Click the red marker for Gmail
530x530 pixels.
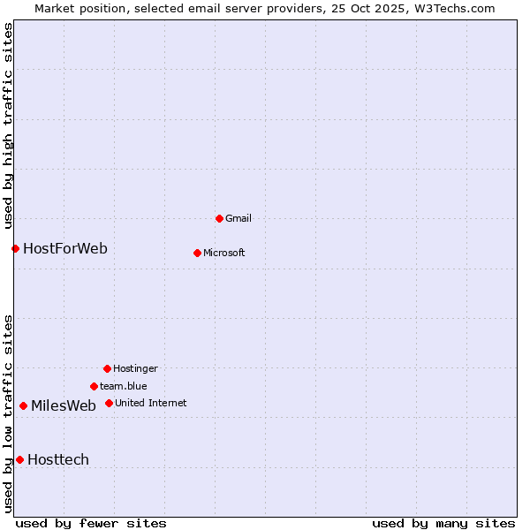click(x=219, y=218)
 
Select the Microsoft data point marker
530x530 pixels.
click(x=197, y=253)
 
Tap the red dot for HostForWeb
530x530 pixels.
click(x=15, y=248)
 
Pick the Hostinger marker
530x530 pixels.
click(x=107, y=368)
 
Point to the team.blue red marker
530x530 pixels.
click(x=94, y=386)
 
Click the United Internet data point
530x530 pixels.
click(x=109, y=403)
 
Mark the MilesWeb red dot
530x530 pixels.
click(x=23, y=405)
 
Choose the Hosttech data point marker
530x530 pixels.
click(x=19, y=459)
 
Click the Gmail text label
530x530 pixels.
click(x=238, y=218)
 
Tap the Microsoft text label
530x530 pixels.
click(x=224, y=253)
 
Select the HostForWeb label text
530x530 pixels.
click(x=65, y=248)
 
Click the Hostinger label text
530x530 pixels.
click(x=135, y=368)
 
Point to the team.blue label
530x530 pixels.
click(x=124, y=386)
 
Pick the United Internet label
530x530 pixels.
click(x=151, y=403)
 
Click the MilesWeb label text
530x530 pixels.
click(x=64, y=405)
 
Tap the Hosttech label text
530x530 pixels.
click(x=58, y=459)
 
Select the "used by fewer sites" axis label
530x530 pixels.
click(x=91, y=523)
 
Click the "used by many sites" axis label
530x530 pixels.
click(x=443, y=523)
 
